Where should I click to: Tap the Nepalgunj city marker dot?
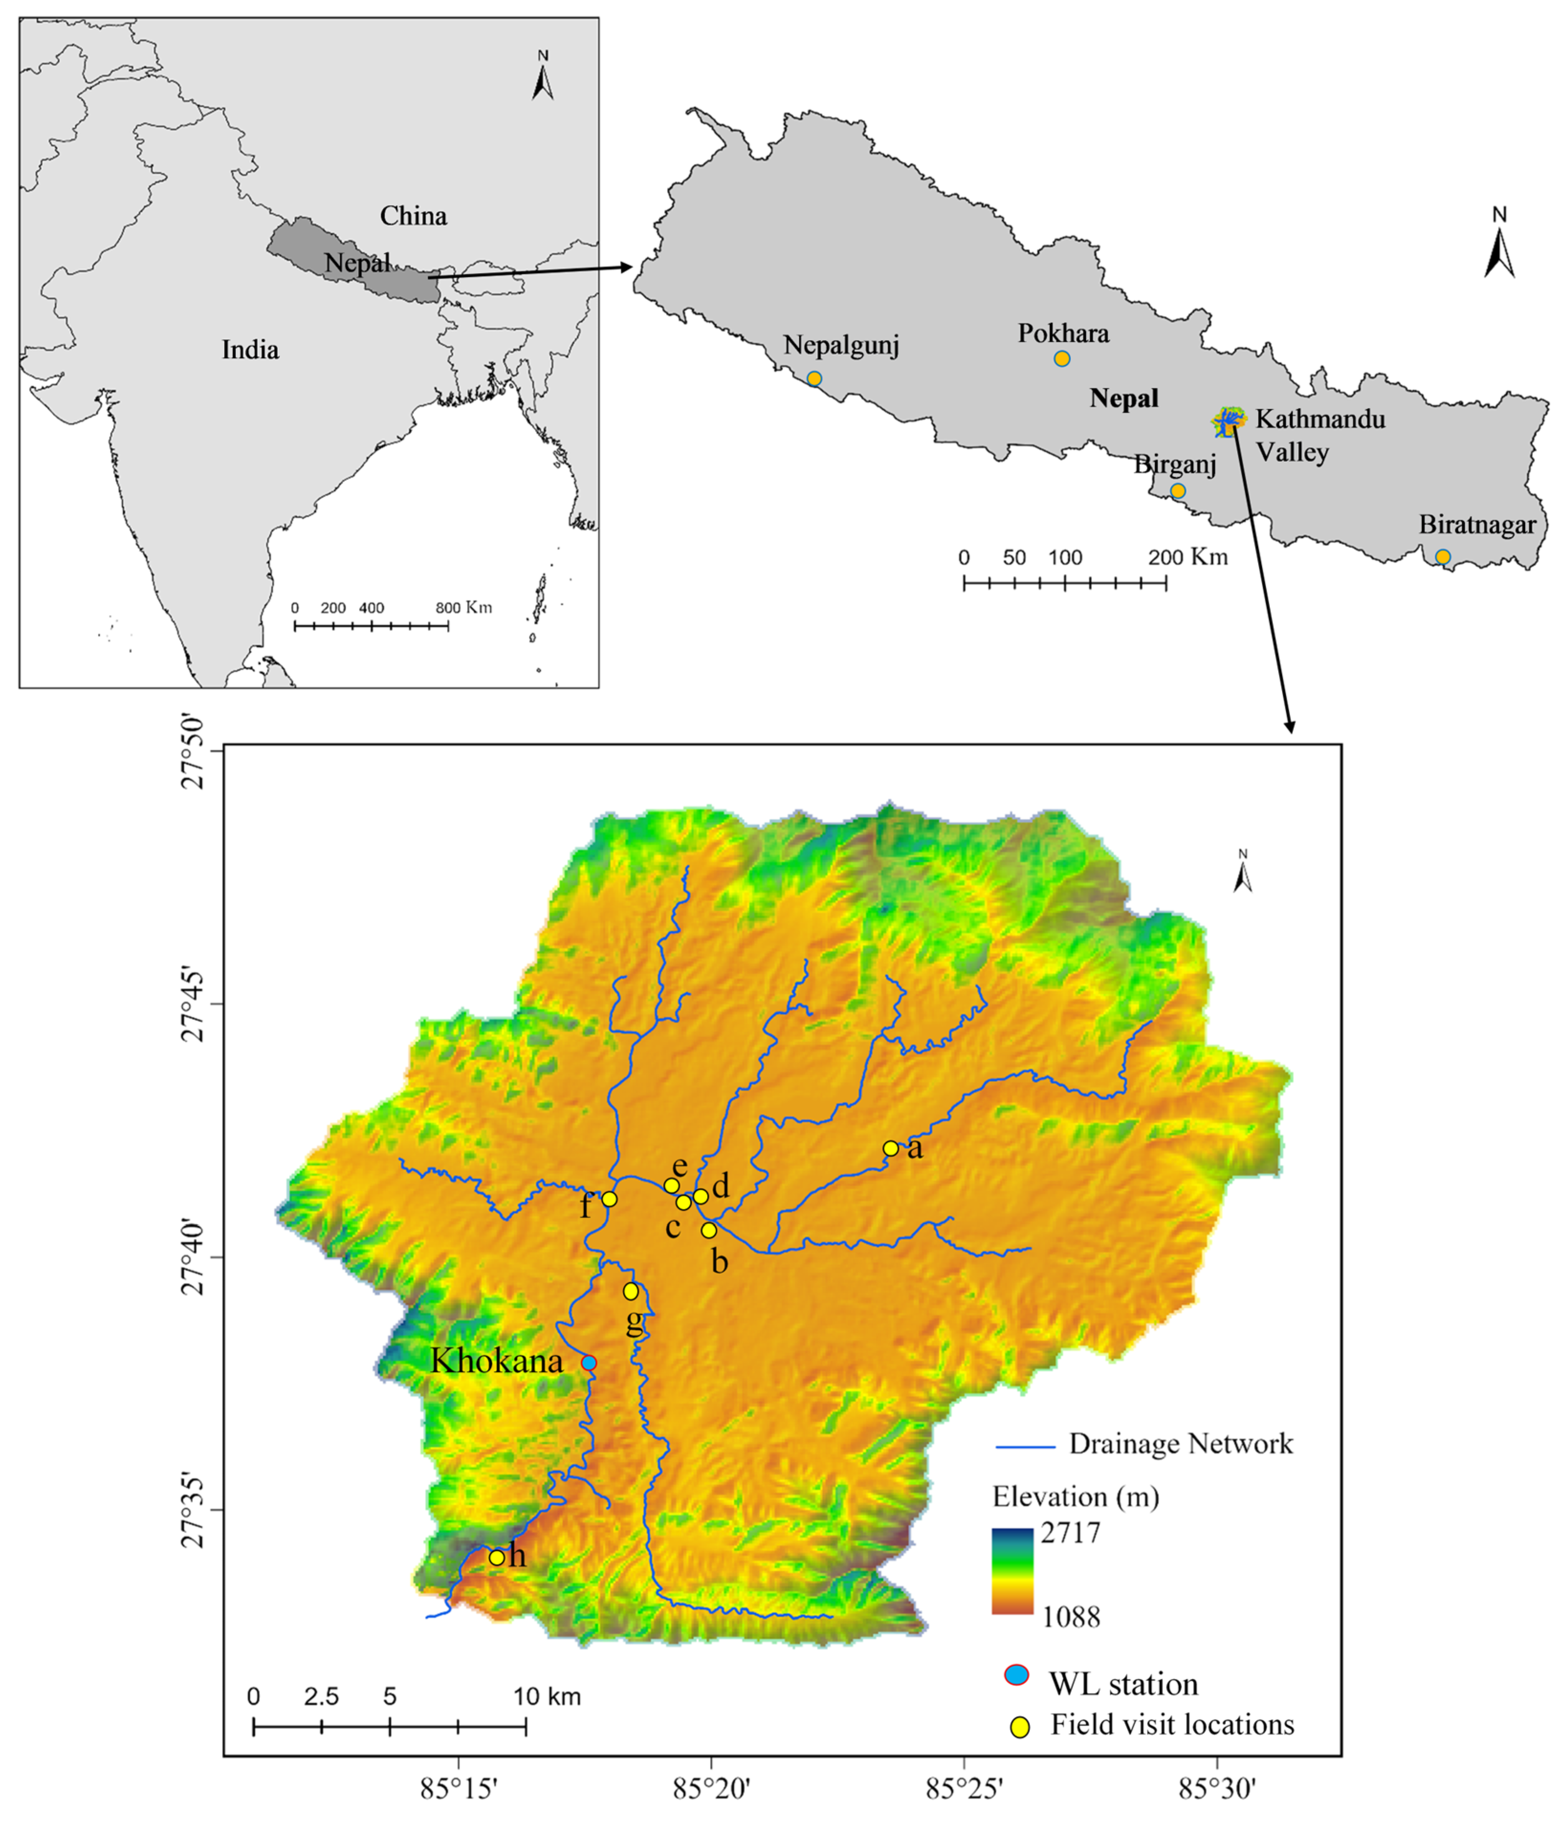814,379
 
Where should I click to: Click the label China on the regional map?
413,216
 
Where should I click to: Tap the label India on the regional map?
250,350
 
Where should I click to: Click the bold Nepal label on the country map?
1124,399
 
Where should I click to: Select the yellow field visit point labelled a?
891,1148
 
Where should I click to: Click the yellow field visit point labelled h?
496,1557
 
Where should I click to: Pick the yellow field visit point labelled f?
609,1198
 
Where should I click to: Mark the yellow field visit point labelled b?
709,1230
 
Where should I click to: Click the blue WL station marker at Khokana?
589,1363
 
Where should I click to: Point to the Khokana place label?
496,1362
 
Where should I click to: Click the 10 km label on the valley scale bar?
547,1696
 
